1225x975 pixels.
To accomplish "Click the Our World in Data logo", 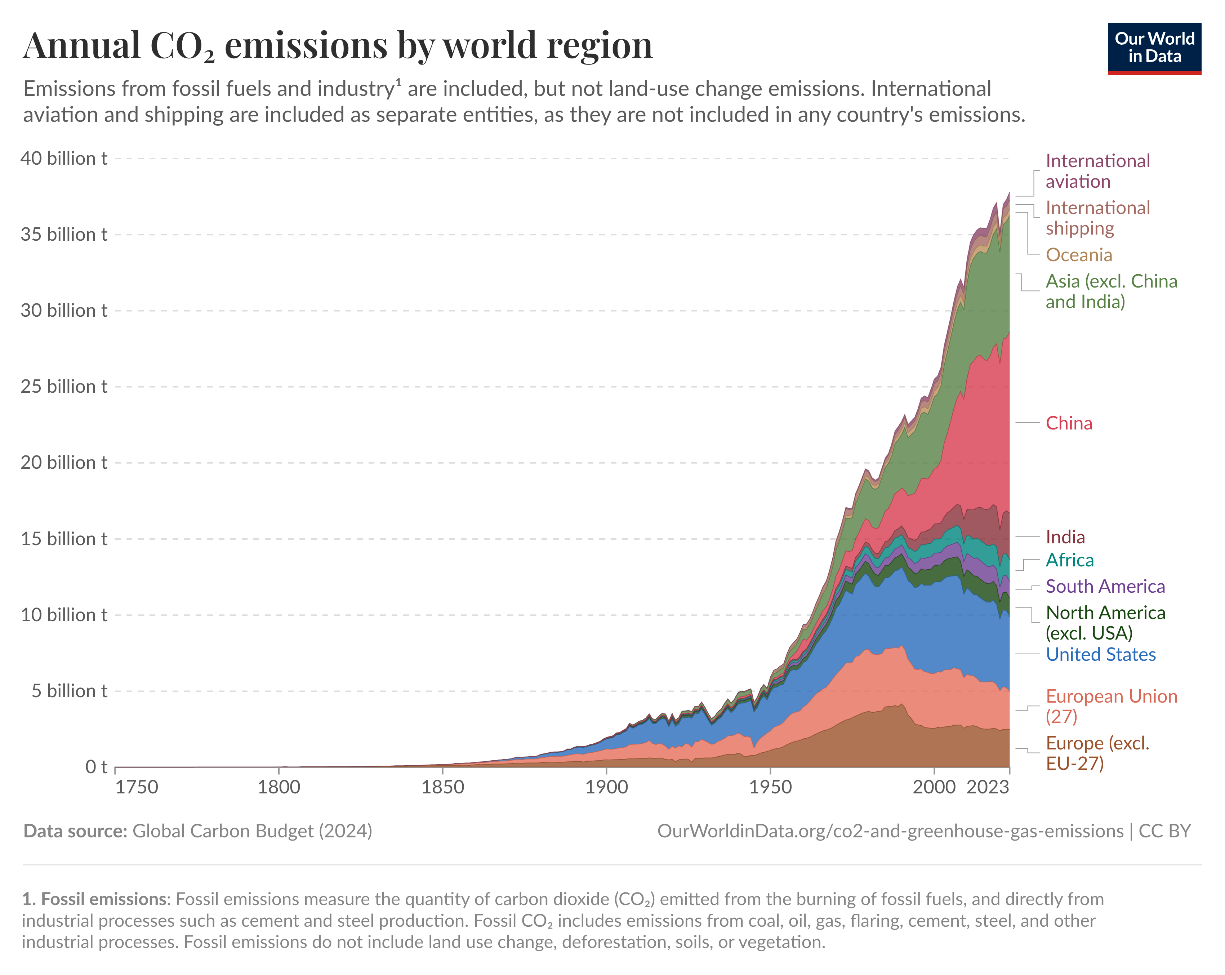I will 1154,48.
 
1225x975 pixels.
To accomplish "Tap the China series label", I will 1069,423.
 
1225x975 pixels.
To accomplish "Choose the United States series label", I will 1101,655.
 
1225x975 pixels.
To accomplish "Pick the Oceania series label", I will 1078,255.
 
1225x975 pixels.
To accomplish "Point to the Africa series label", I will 1069,560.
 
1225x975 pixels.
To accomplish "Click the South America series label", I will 1105,586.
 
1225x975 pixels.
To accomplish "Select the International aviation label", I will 1097,171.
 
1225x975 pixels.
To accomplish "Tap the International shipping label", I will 1097,218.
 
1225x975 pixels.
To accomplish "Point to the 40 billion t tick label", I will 64,159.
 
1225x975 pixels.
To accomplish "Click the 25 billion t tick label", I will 64,386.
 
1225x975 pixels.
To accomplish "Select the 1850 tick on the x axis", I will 442,787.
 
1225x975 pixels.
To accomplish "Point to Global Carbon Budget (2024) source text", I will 252,831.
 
